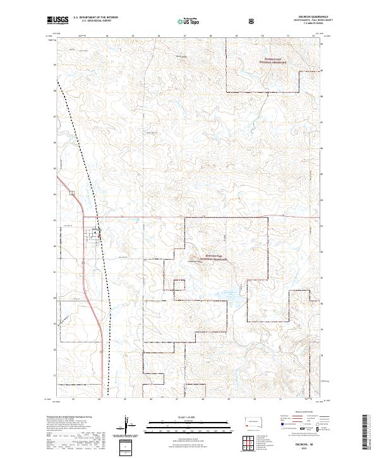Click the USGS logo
pyautogui.click(x=57, y=21)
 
